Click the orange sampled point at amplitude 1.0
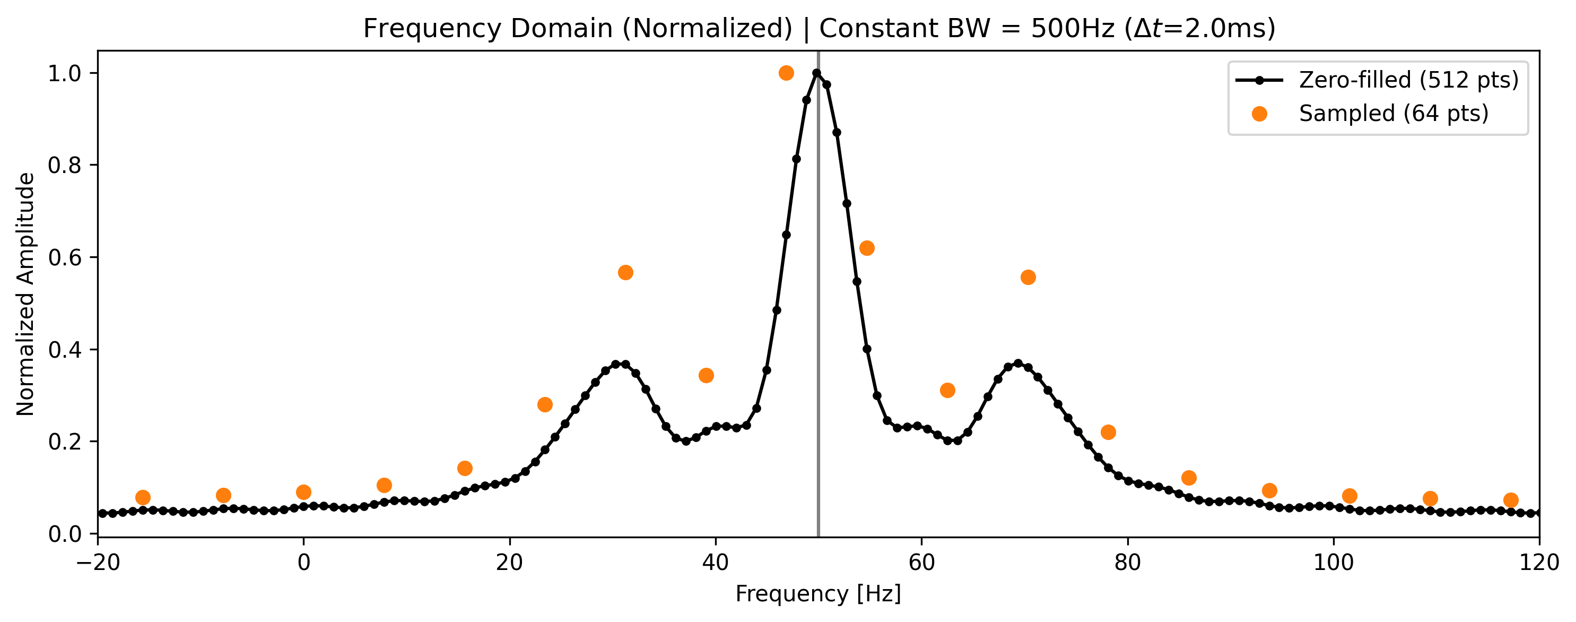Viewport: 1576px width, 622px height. pyautogui.click(x=786, y=73)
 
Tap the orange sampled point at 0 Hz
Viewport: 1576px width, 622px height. pyautogui.click(x=303, y=492)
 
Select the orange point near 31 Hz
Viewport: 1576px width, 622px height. pyautogui.click(x=625, y=272)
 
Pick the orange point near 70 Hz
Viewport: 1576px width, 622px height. pyautogui.click(x=1029, y=278)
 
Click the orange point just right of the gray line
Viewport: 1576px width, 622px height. pyautogui.click(x=867, y=248)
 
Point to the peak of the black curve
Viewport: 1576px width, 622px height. pyautogui.click(x=817, y=73)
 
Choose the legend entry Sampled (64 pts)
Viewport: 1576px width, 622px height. pyautogui.click(x=1394, y=114)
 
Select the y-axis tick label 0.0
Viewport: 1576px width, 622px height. pyautogui.click(x=64, y=534)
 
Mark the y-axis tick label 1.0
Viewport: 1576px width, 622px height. pyautogui.click(x=64, y=73)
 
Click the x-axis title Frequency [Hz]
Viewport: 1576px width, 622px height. pyautogui.click(x=818, y=594)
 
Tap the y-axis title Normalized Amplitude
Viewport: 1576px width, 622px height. pyautogui.click(x=25, y=294)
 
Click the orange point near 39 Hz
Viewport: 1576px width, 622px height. pyautogui.click(x=706, y=375)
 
